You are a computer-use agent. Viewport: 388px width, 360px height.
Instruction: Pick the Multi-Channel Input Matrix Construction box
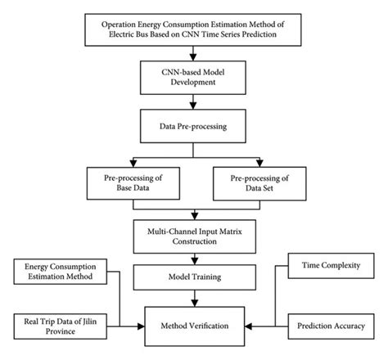point(193,233)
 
